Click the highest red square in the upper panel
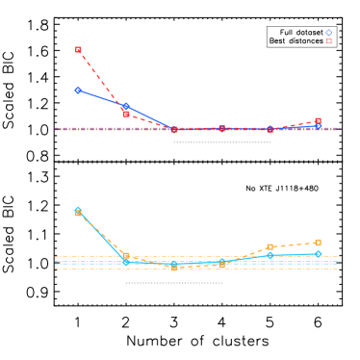coord(78,49)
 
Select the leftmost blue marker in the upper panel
coord(78,90)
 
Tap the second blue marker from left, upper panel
coord(126,107)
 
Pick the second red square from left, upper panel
coord(126,114)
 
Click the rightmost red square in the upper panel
coord(318,121)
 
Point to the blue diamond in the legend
coord(328,33)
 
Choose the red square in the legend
coord(328,41)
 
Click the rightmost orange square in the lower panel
coord(318,242)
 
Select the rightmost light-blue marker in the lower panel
coord(318,254)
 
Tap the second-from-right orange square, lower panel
coord(270,246)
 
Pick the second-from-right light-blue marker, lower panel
coord(270,255)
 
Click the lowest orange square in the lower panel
coord(174,268)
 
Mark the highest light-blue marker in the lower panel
coord(78,209)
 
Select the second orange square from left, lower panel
coord(126,255)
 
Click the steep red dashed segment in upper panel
coord(102,82)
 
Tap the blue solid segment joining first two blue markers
coord(102,98)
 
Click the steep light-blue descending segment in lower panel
coord(102,236)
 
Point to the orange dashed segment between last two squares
coord(294,244)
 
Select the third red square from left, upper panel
coord(174,129)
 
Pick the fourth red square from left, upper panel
coord(221,128)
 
